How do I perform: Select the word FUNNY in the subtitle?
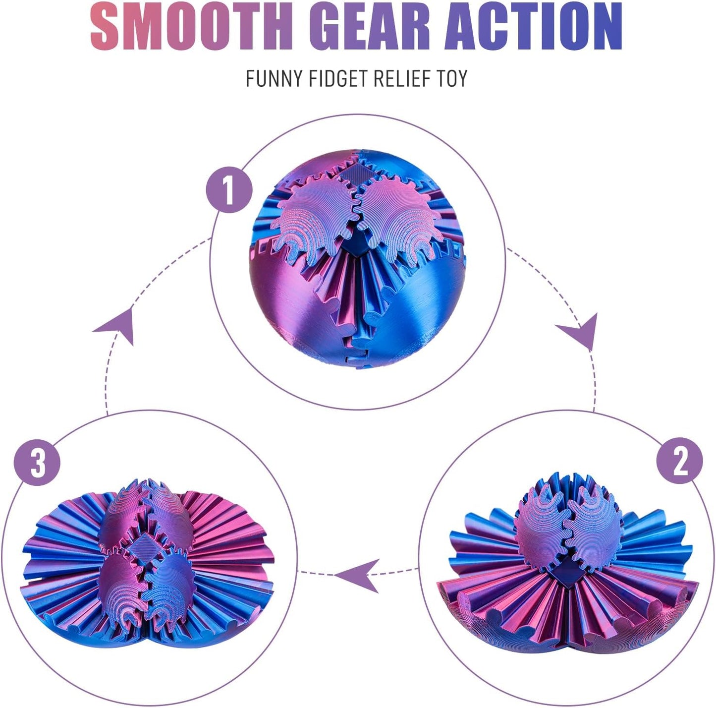click(x=273, y=79)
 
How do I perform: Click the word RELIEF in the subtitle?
click(x=404, y=79)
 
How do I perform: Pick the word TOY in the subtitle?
click(x=451, y=79)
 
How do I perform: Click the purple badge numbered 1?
click(x=229, y=189)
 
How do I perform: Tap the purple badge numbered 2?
click(x=679, y=461)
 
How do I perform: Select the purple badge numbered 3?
click(x=37, y=463)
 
